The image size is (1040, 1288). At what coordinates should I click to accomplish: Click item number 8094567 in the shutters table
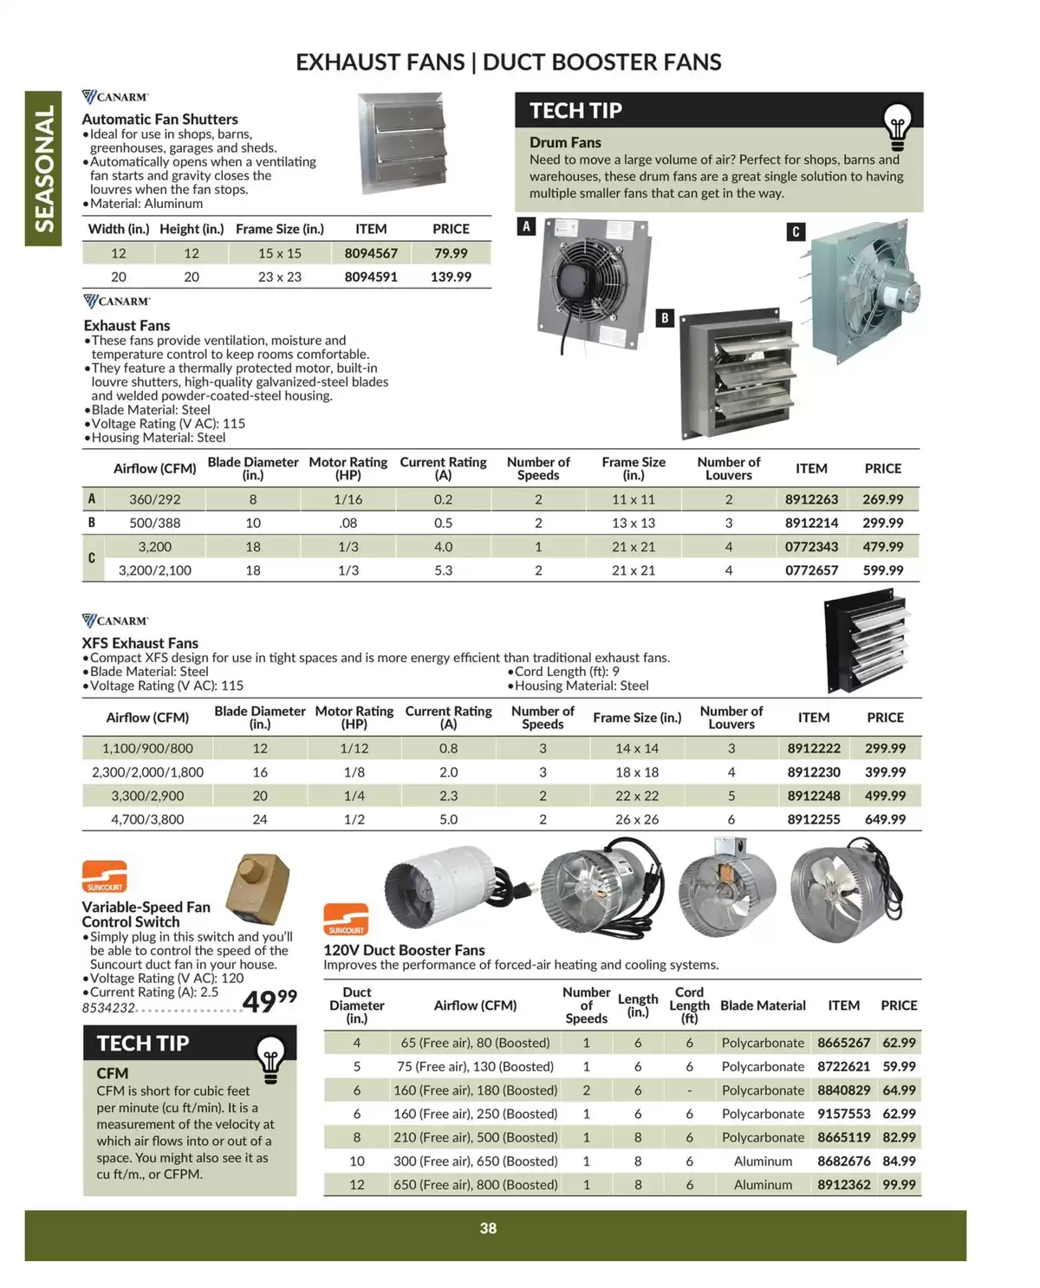pos(371,253)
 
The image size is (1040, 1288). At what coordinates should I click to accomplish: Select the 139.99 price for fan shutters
pos(451,277)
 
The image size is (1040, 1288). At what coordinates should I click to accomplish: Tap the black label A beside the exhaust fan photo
pos(526,227)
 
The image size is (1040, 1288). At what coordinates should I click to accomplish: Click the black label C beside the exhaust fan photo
pos(796,231)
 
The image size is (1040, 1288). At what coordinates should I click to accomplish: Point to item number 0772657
pos(811,570)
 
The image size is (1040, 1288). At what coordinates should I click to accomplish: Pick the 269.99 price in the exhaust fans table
pos(882,499)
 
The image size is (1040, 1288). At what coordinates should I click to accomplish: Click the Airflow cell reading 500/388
pos(155,523)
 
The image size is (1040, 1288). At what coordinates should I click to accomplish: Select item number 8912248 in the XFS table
pos(814,796)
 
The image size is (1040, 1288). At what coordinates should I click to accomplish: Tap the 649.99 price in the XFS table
pos(885,819)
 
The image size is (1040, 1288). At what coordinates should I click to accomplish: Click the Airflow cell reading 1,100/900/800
pos(147,748)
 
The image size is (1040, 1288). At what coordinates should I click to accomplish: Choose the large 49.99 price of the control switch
pos(269,1001)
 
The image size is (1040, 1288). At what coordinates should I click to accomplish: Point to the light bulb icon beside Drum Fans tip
pos(897,127)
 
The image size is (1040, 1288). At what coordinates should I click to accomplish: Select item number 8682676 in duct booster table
pos(843,1161)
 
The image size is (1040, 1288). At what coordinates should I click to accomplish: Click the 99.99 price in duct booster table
pos(899,1185)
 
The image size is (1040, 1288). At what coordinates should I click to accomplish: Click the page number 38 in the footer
pos(488,1228)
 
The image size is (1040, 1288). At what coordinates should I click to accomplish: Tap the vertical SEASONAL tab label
pos(43,169)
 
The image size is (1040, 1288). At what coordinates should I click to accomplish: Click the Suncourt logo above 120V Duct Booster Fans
pos(346,920)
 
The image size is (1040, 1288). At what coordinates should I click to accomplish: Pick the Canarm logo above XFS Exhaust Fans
pos(115,621)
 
